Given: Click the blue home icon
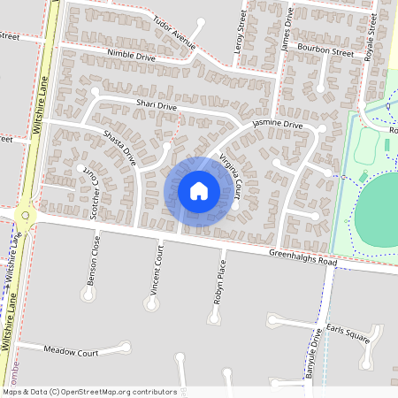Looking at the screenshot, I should tap(199, 191).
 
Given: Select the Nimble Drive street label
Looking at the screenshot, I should tap(131, 55).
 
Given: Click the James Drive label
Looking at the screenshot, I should tap(286, 32).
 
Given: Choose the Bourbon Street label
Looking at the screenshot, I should tap(327, 51).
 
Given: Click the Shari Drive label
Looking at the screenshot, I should tap(156, 106).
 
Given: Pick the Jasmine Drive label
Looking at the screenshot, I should tap(277, 125).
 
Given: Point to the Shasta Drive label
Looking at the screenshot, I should tap(119, 148).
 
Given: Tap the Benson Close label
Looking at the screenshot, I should tap(93, 260).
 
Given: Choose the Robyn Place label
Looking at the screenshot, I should tap(222, 274).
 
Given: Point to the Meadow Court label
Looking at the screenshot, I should tap(71, 351).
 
